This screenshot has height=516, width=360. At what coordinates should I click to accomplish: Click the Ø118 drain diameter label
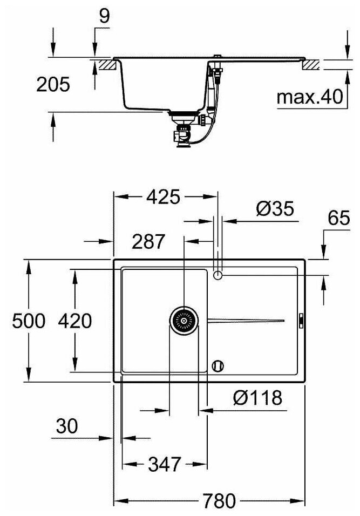[257, 398]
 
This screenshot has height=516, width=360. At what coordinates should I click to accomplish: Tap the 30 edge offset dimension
[67, 426]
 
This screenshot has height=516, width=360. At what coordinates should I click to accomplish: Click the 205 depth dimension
[53, 84]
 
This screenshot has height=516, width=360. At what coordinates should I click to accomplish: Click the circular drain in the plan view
[184, 321]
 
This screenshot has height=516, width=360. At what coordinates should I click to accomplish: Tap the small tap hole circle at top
[218, 275]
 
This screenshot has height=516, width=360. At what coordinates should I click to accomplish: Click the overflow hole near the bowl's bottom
[218, 365]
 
